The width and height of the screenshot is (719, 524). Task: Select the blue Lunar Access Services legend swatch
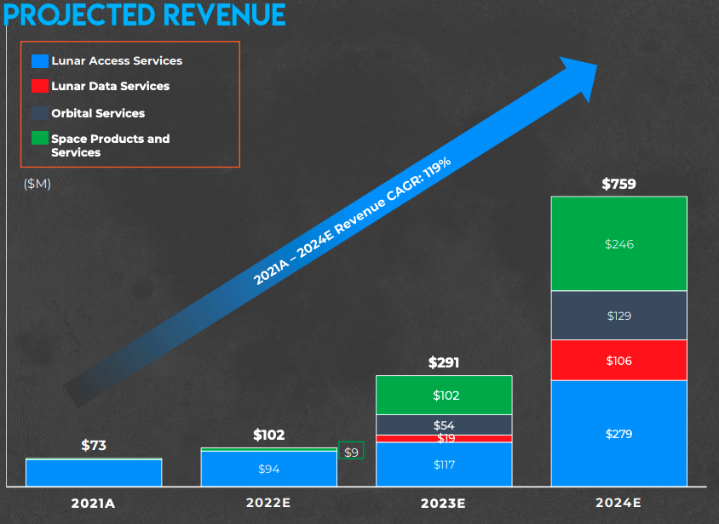(39, 61)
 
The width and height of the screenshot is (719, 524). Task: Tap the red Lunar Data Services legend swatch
(39, 86)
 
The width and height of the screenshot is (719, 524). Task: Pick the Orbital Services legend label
(98, 113)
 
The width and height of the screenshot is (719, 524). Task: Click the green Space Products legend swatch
(39, 138)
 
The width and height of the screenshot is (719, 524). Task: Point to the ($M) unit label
(37, 184)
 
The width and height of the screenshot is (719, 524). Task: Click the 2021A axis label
(93, 503)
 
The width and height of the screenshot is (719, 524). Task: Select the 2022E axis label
(268, 503)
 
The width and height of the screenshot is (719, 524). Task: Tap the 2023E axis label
(444, 503)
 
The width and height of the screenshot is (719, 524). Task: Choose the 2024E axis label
(618, 503)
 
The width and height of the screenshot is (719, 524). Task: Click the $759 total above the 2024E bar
(618, 184)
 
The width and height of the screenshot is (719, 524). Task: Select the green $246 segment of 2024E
(618, 244)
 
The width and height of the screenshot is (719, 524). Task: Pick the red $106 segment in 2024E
(618, 361)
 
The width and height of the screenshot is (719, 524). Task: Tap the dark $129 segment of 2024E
(618, 316)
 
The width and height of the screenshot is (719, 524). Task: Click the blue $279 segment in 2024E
(618, 434)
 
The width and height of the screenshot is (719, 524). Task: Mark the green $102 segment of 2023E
(444, 396)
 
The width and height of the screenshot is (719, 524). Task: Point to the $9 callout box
(351, 452)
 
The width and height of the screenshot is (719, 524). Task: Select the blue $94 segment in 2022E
(268, 469)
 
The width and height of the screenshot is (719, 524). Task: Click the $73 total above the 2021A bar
(93, 445)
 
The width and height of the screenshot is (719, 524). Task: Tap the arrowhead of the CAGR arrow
(584, 74)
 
